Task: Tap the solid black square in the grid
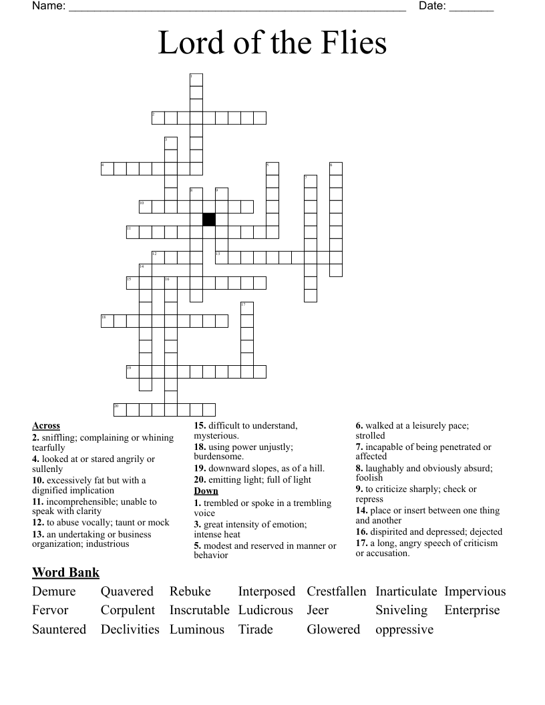pos(209,220)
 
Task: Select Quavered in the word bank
pos(127,592)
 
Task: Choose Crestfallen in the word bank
pos(337,592)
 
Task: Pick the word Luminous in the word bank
pos(197,629)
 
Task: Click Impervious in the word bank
pos(475,592)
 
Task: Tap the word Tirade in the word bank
pos(256,629)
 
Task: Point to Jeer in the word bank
pos(318,610)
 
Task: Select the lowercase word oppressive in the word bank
pos(404,629)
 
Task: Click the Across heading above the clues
pos(46,425)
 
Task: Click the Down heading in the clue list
pos(206,491)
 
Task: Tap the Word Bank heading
pos(65,572)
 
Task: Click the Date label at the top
pos(432,6)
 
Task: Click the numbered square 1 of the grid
pos(196,80)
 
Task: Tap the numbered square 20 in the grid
pos(120,409)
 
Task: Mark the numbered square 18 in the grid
pos(108,321)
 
